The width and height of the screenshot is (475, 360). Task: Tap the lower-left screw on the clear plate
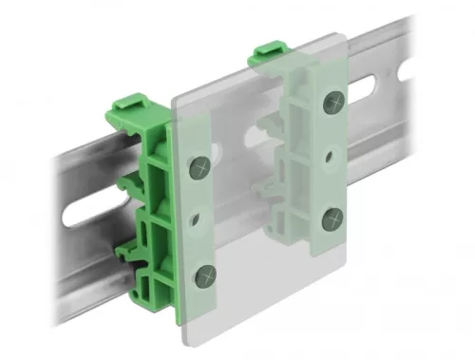[x=204, y=276]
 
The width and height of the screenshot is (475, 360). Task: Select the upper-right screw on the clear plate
[x=332, y=104]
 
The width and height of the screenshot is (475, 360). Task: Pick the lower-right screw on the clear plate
[x=332, y=218]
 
